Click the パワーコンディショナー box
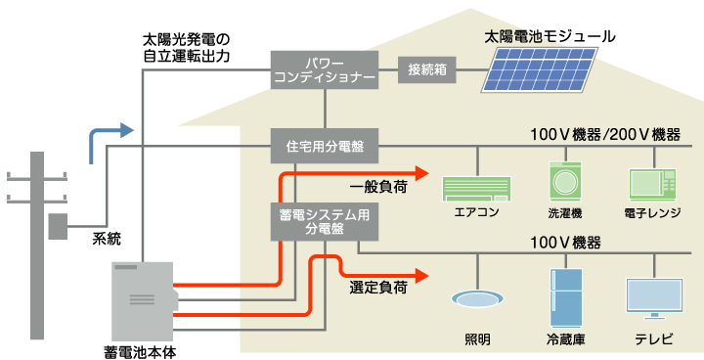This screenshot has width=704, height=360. coord(324,70)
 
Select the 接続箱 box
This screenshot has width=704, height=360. coord(426,69)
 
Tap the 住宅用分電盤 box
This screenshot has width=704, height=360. coord(324,146)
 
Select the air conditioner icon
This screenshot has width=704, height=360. coord(476,188)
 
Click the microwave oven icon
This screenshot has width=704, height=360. coord(651,185)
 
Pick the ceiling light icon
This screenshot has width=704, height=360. coord(477,299)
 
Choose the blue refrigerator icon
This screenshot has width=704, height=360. coord(565,297)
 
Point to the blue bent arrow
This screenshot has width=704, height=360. coord(109,138)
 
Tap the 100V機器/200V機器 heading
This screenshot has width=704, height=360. coord(604,134)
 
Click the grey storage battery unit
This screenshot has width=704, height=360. coord(143,301)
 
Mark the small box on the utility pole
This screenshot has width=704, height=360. coord(58,227)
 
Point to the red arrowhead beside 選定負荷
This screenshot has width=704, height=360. coord(421,276)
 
